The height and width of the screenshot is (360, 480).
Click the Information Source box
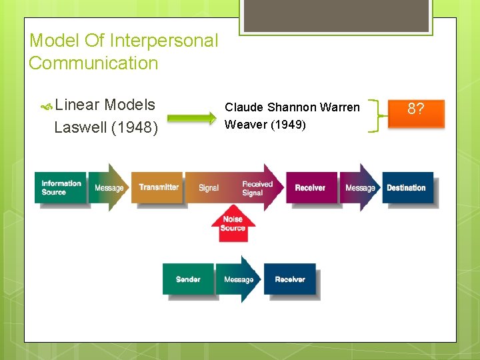pos(61,188)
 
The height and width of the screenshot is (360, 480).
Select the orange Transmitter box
pos(159,188)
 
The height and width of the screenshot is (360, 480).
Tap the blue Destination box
pos(407,188)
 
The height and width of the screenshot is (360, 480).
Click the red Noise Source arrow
pos(233,225)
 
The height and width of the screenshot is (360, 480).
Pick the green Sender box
pos(188,279)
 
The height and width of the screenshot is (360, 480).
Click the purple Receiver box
pos(310,188)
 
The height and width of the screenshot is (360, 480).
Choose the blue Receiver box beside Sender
pos(290,279)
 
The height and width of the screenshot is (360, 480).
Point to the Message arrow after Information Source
pos(109,188)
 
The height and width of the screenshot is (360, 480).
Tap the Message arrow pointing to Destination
pos(360,188)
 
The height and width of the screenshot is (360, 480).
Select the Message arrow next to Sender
pos(239,279)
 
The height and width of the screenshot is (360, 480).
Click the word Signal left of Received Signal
pos(209,188)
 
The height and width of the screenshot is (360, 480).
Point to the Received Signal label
pos(257,188)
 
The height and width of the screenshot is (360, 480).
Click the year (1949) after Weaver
pos(288,124)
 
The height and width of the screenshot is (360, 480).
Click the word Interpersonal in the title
pos(163,41)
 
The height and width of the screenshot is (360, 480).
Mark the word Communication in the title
pos(93,63)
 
